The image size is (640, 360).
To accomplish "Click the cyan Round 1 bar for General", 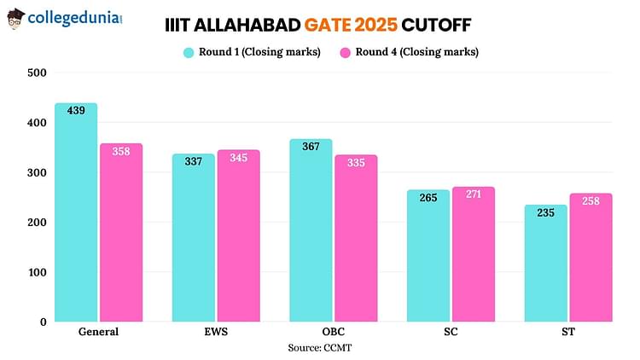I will click(76, 213).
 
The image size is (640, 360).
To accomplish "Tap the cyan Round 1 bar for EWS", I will click(194, 238).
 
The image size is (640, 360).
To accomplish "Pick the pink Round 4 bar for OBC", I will click(356, 239).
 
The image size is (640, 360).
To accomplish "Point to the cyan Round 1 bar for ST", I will click(546, 264).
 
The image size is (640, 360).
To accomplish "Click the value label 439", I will click(76, 111).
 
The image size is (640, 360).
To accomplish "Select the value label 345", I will click(238, 158).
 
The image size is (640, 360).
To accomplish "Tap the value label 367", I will click(311, 147).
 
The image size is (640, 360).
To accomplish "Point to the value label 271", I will click(474, 195).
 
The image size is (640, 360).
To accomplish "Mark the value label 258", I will click(591, 201).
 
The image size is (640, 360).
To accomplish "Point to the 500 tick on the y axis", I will click(36, 73).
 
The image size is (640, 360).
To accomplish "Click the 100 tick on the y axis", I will click(36, 272).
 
